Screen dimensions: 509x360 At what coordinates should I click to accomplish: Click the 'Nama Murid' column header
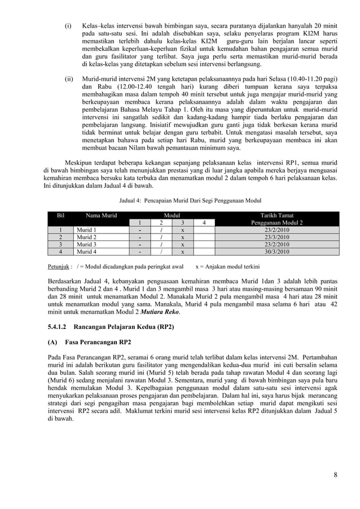[x=102, y=215]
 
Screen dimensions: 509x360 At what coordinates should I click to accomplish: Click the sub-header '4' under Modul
[x=203, y=223]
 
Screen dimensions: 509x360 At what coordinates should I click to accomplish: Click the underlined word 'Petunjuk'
[x=58, y=265]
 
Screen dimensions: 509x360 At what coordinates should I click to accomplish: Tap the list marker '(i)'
[x=68, y=27]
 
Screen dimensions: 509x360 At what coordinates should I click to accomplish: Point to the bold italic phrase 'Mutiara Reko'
[x=161, y=311]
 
